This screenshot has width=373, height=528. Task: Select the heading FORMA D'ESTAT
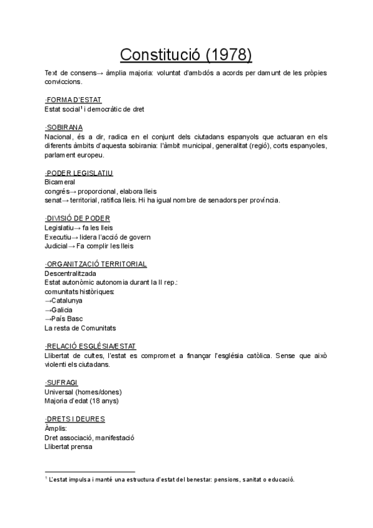pos(73,100)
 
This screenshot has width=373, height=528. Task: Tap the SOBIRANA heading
pos(65,127)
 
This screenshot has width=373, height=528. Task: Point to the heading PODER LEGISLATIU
pos(79,172)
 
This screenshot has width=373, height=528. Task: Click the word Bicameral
pos(60,182)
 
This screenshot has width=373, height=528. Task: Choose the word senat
pos(53,200)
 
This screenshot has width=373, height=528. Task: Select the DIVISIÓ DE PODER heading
pos(78,218)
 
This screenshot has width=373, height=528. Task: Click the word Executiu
pos(58,237)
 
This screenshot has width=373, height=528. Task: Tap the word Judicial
pos(56,245)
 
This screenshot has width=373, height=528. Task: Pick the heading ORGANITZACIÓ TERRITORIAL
pos(96,264)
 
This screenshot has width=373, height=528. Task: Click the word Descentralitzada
pos(70,273)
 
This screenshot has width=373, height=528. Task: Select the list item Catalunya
pos(67,300)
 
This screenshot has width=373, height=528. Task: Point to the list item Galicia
pos(62,309)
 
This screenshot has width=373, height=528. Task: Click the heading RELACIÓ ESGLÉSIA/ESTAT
pos(91,346)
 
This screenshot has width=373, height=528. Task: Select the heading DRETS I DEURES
pos(75,419)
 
